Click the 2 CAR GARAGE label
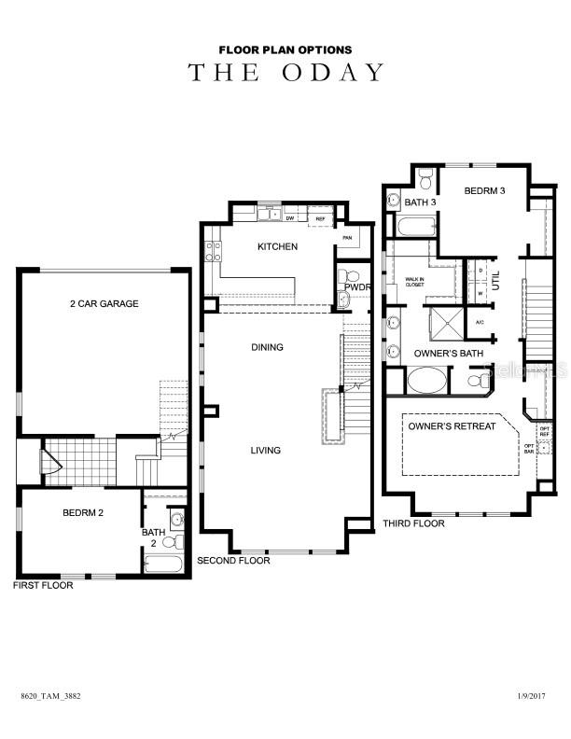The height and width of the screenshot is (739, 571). click(x=104, y=304)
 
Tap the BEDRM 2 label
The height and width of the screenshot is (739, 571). click(x=84, y=513)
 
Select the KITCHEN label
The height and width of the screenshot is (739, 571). click(x=278, y=247)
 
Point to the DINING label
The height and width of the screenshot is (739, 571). click(x=267, y=347)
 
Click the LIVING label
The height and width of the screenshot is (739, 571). click(x=265, y=451)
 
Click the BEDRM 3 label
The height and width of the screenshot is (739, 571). click(x=485, y=191)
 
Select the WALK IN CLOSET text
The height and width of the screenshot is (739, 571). click(x=414, y=281)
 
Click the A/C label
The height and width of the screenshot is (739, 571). click(x=480, y=322)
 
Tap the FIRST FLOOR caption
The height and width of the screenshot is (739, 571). click(x=42, y=586)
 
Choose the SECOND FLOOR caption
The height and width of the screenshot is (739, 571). click(x=233, y=561)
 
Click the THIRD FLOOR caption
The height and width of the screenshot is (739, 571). click(x=413, y=523)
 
